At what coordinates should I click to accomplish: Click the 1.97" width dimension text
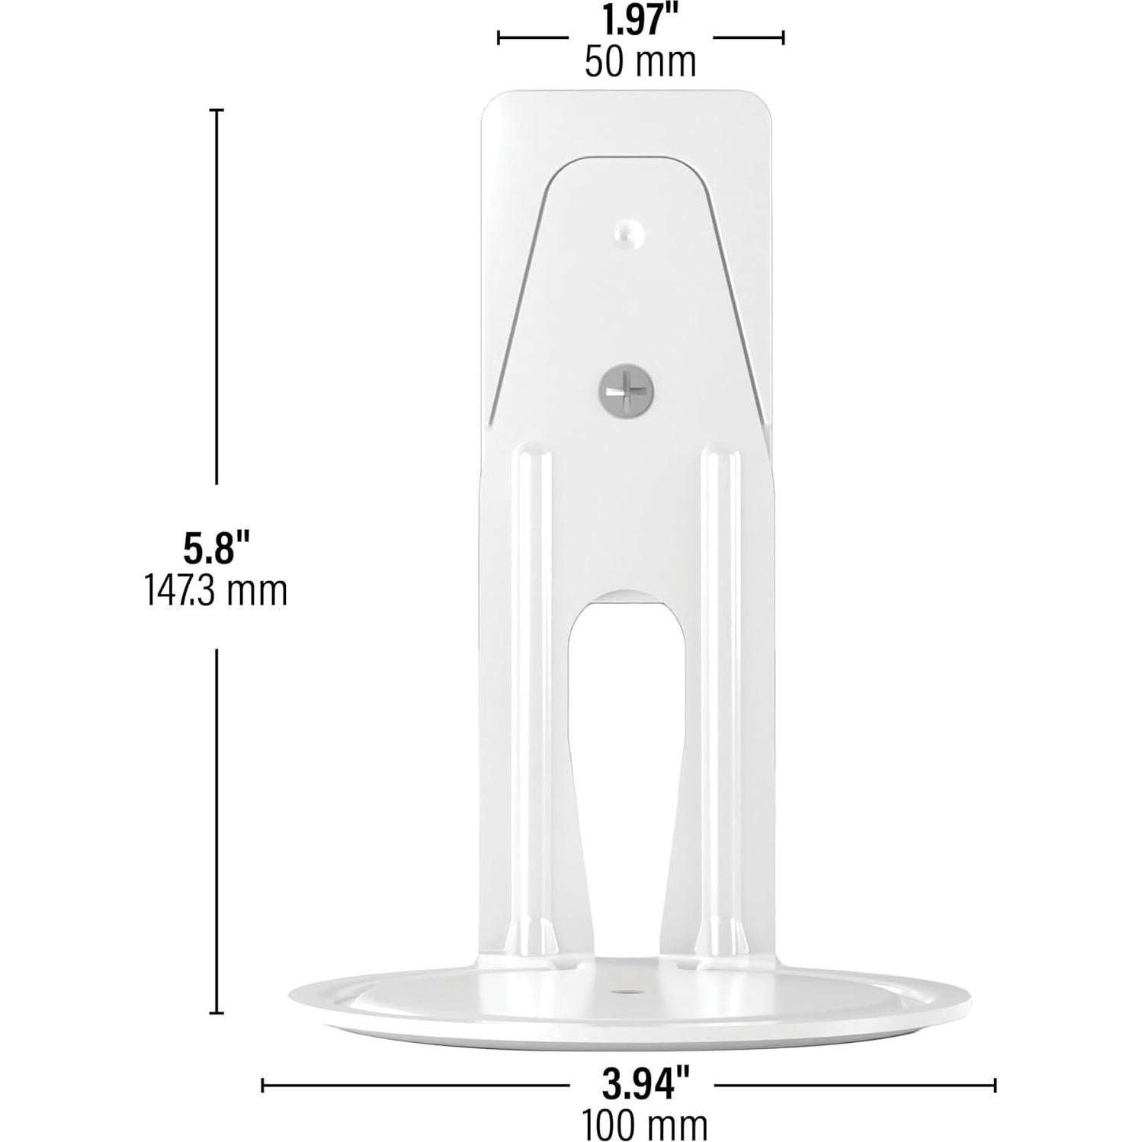(640, 21)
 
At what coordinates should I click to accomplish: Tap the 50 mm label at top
(640, 62)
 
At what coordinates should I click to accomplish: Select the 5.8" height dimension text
(217, 547)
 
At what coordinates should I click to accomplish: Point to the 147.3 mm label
(217, 590)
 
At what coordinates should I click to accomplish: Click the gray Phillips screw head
(626, 390)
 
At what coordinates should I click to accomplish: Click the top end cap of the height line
(217, 111)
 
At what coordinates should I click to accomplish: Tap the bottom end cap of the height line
(217, 1013)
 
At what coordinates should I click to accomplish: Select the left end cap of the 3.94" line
(263, 1085)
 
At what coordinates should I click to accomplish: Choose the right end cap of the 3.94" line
(994, 1085)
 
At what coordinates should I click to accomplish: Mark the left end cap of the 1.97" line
(499, 37)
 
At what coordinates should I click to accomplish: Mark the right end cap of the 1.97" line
(783, 37)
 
